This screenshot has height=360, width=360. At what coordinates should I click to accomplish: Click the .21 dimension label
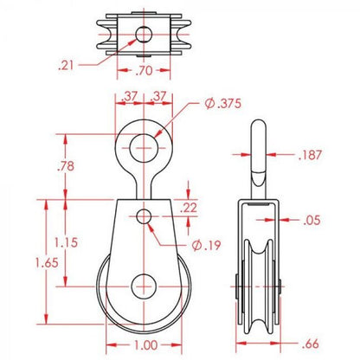66,66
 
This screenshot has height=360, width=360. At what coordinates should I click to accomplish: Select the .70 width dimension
144,70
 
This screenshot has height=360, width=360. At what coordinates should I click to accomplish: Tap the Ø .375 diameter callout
223,104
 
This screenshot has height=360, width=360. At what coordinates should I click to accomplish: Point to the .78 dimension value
66,166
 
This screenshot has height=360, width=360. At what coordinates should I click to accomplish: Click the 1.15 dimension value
66,242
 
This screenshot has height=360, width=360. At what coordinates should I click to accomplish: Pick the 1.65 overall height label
47,263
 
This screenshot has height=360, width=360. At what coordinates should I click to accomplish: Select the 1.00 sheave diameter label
146,345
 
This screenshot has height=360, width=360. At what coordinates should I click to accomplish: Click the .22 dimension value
189,208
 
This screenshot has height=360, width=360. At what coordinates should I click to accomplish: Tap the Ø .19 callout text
207,246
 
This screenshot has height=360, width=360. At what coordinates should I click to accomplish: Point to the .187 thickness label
310,155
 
